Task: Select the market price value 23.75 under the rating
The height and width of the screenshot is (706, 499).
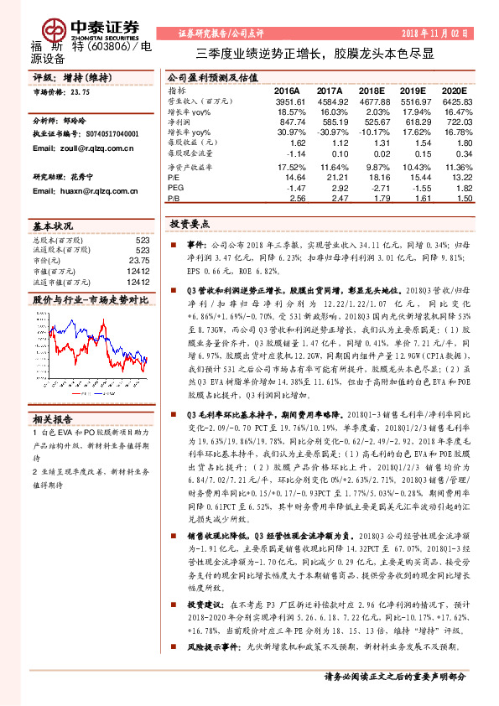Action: (x=80, y=92)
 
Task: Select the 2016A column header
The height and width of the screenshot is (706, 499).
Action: (x=288, y=90)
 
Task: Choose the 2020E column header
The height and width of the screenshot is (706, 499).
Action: (x=454, y=90)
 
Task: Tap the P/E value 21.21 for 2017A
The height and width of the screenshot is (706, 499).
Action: (x=331, y=178)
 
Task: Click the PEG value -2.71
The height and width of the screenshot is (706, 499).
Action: (x=374, y=189)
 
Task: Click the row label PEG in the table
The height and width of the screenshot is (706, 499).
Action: (x=175, y=189)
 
